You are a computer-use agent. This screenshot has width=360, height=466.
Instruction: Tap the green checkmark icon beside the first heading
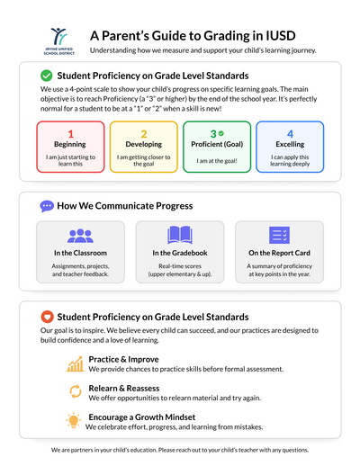click(47, 76)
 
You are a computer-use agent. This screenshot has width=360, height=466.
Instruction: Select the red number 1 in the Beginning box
click(70, 134)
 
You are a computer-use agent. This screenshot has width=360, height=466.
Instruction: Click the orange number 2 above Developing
click(143, 134)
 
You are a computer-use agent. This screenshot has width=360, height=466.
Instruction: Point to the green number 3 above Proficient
click(212, 134)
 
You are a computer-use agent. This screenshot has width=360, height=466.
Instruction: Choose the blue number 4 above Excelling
click(290, 134)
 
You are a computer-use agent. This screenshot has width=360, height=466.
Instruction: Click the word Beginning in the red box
click(70, 144)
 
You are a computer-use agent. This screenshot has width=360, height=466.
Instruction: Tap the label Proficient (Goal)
click(216, 144)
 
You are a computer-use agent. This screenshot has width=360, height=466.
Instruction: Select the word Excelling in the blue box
click(290, 144)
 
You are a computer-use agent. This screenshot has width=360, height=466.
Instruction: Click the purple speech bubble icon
click(47, 206)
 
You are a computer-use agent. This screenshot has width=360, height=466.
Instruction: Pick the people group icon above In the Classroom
click(80, 236)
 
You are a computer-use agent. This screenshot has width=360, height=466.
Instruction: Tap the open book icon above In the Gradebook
click(180, 236)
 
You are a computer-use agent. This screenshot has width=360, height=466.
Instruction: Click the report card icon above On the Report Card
click(279, 236)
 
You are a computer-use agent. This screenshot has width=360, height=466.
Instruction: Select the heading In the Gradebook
click(180, 253)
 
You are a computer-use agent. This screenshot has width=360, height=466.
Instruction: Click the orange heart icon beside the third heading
click(47, 317)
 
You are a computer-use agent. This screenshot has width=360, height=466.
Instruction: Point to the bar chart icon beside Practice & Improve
click(76, 364)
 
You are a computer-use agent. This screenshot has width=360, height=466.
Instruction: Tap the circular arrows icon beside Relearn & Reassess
click(76, 391)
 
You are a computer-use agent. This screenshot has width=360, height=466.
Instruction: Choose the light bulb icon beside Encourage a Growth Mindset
click(76, 419)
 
